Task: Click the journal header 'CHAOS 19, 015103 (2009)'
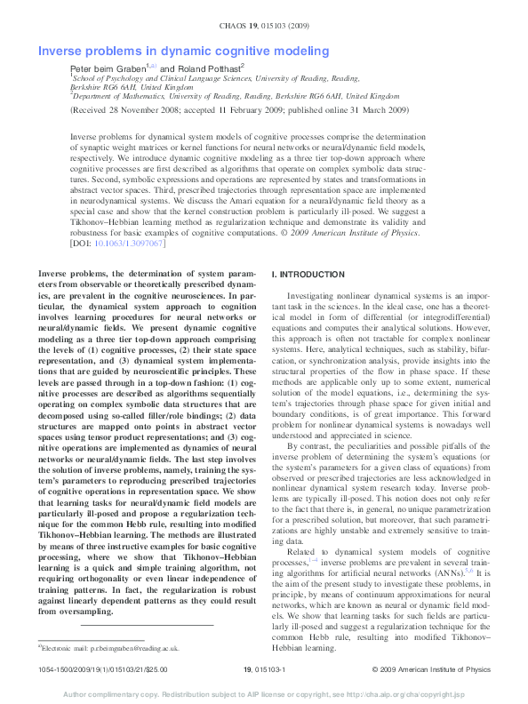tap(264, 27)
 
